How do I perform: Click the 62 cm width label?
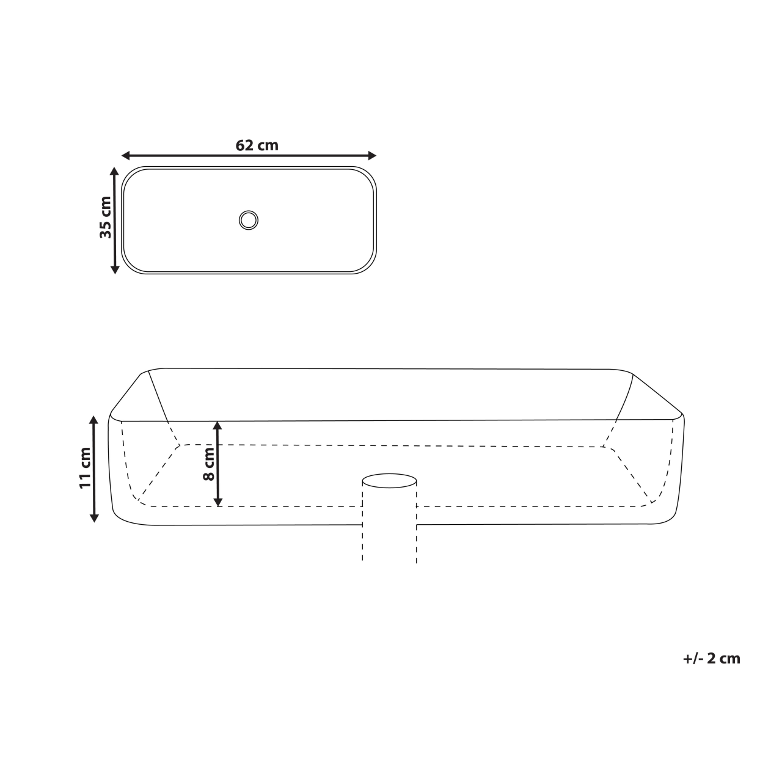257,145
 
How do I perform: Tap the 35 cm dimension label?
106,217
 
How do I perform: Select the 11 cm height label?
85,468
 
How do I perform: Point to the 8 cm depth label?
210,464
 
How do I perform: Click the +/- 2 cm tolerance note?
711,658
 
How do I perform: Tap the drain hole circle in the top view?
249,219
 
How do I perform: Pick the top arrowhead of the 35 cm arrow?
114,172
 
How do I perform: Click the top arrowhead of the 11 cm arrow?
94,420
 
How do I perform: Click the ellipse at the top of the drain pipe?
390,480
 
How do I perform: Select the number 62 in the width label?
245,145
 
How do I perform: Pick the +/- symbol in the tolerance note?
693,658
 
